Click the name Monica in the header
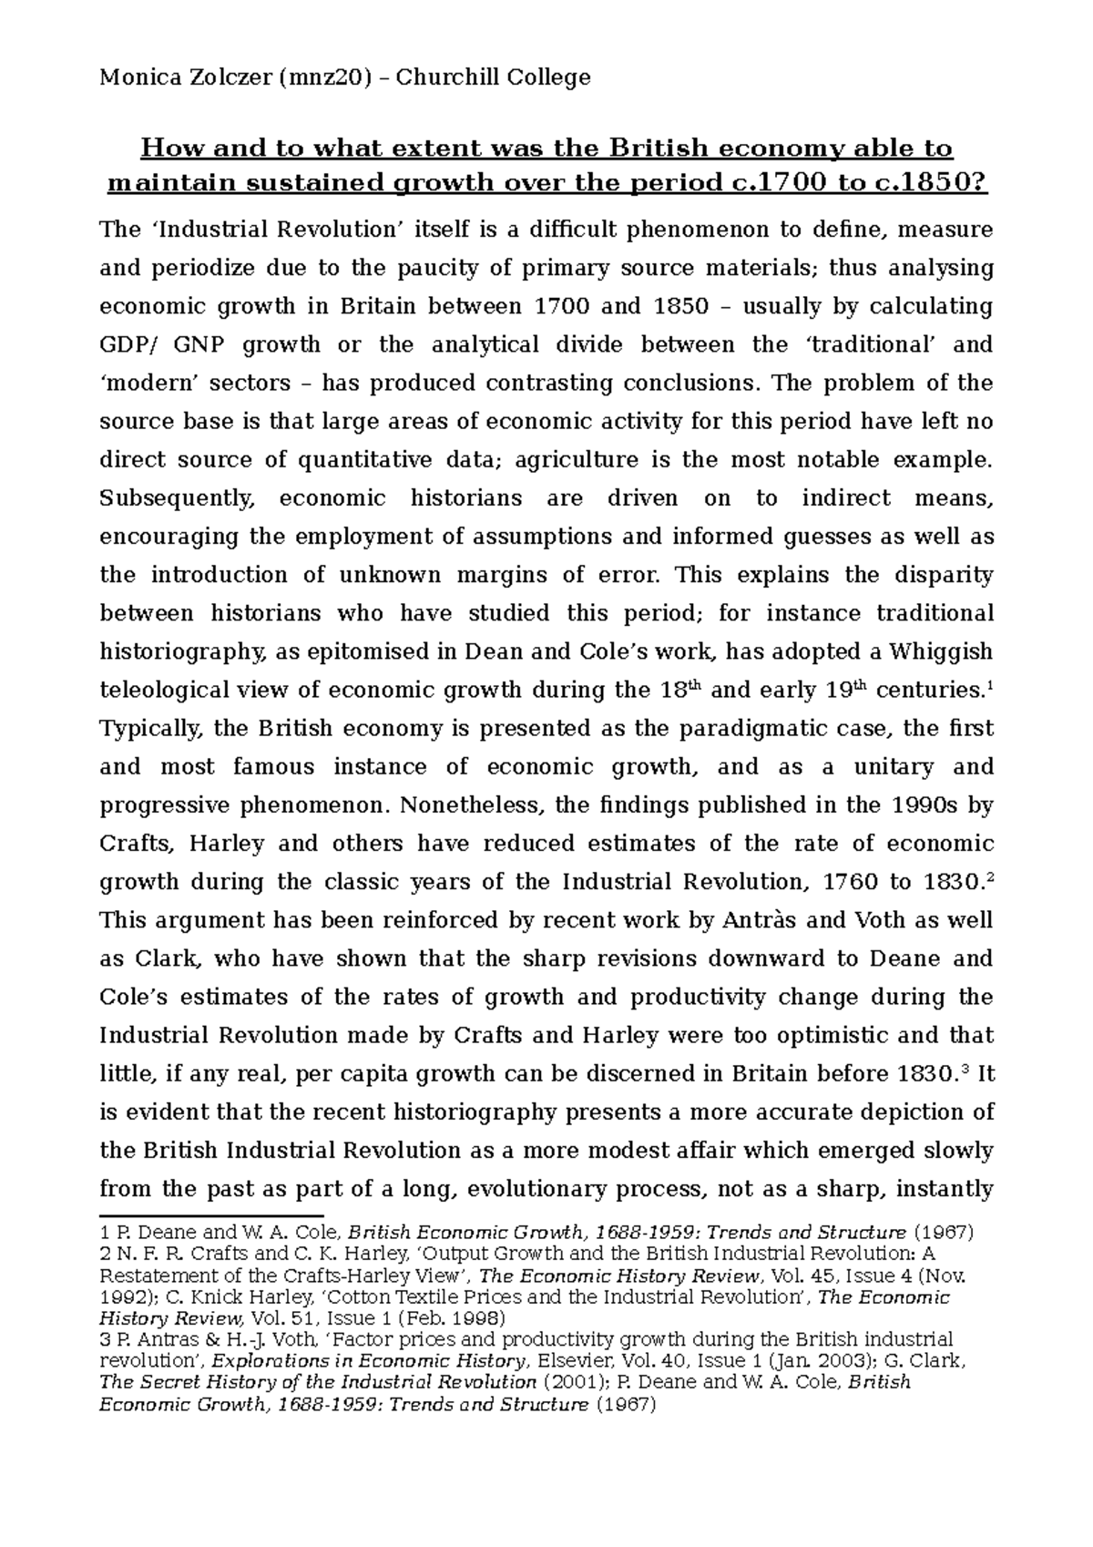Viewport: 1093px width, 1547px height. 135,78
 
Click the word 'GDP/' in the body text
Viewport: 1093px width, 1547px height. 126,345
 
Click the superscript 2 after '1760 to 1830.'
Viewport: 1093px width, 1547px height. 990,877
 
